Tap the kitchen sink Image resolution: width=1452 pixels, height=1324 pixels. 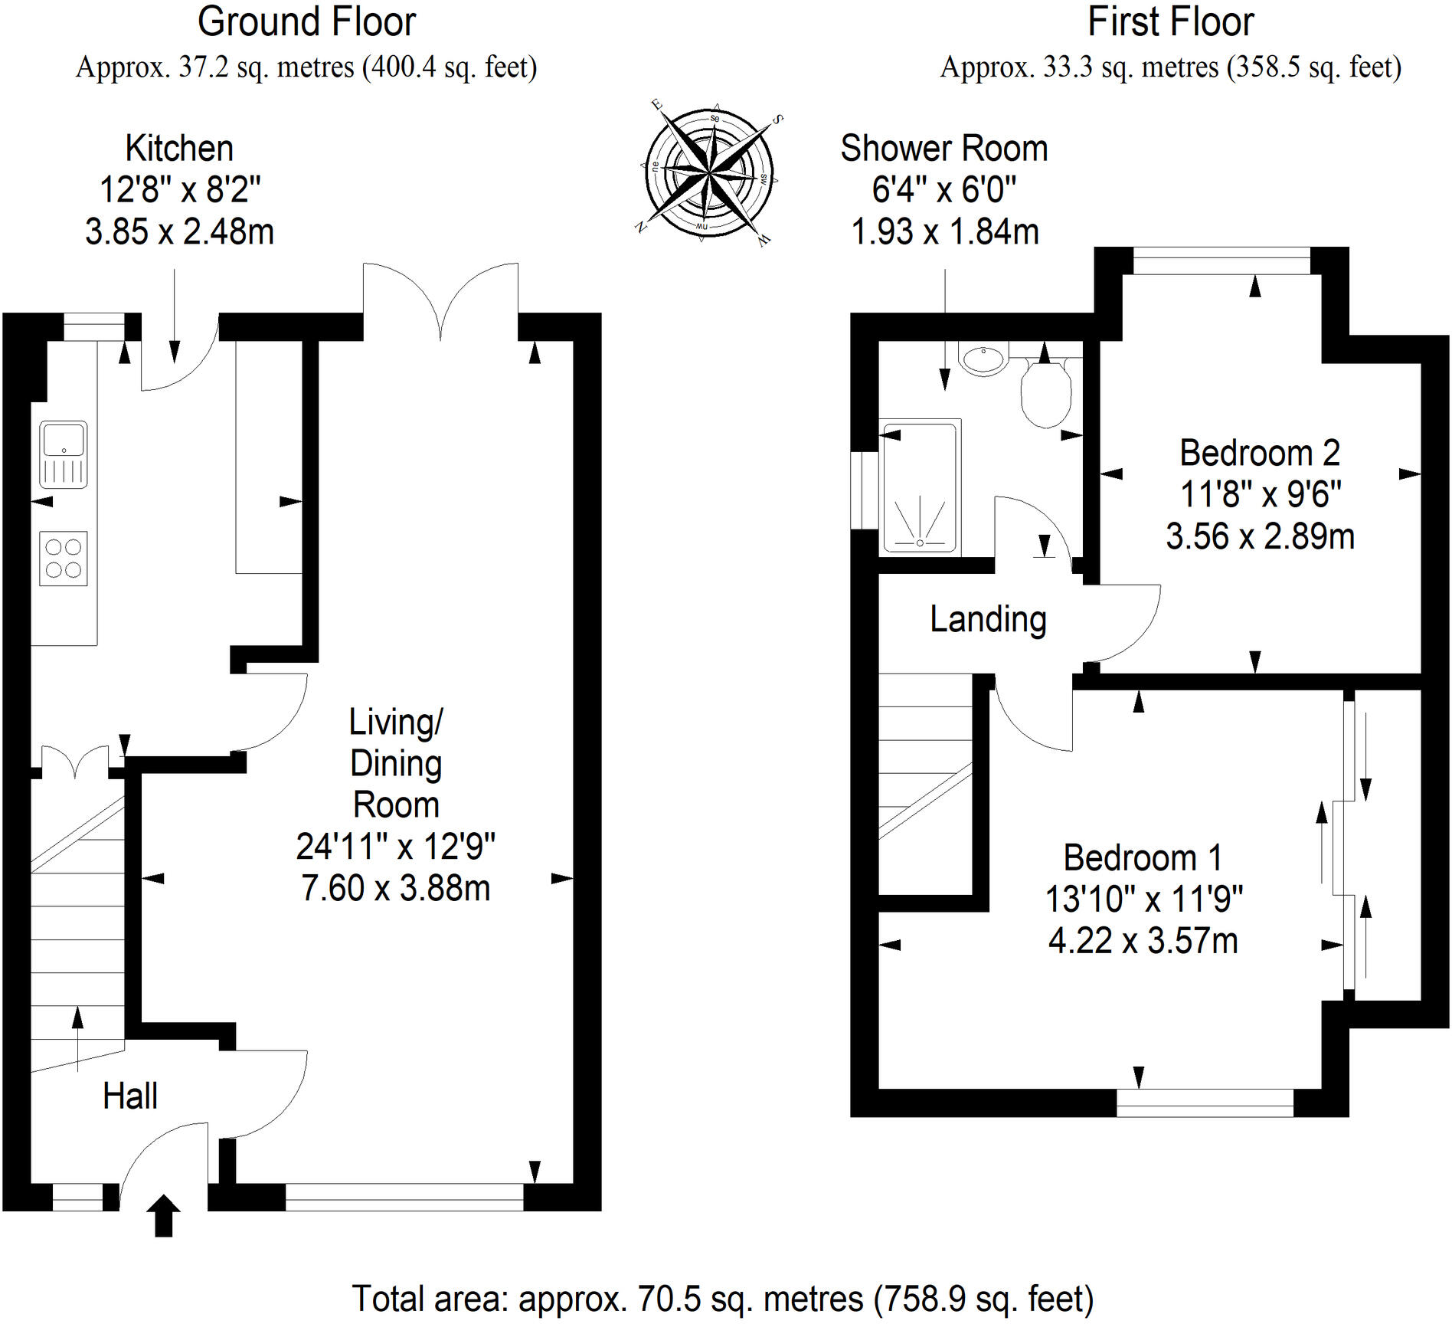[x=64, y=454]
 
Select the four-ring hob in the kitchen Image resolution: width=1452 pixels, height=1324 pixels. [x=64, y=558]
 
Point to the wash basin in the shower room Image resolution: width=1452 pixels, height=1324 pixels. [x=985, y=359]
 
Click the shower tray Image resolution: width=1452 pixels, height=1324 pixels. [x=920, y=486]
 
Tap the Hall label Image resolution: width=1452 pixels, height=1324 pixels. [x=130, y=1096]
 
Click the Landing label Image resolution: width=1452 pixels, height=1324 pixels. [x=988, y=619]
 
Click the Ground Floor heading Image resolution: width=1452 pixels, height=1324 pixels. [x=306, y=22]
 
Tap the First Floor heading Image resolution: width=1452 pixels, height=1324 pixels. [x=1170, y=22]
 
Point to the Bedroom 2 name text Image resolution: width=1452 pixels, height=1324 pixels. [x=1260, y=453]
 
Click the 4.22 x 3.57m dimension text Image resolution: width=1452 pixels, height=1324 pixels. [x=1143, y=941]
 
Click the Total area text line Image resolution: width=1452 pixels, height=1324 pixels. [x=722, y=1299]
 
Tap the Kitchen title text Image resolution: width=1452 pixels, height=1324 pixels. [x=179, y=149]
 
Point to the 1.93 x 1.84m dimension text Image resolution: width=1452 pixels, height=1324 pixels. [x=944, y=231]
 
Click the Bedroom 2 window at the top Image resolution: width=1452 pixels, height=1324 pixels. [x=1221, y=261]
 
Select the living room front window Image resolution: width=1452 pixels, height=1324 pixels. [x=404, y=1197]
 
